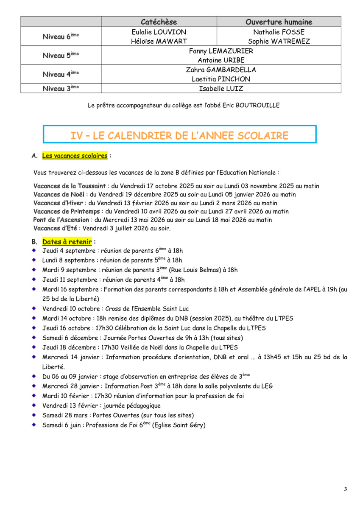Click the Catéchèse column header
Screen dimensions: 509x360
[159, 22]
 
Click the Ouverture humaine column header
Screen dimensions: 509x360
[279, 22]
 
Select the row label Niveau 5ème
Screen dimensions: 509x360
[61, 55]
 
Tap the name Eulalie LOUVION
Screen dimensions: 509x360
[159, 32]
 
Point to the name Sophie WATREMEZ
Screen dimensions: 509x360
[279, 41]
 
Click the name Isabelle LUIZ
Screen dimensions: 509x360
[221, 89]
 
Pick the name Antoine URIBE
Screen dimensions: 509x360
[221, 60]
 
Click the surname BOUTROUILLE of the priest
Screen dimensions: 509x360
[259, 106]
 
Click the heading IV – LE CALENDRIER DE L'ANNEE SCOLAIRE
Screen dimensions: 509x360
[179, 136]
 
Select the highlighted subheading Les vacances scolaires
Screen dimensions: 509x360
[75, 156]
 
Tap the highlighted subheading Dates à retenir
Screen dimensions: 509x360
[67, 242]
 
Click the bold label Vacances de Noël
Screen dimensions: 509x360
[59, 194]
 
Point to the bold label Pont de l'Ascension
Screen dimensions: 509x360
[61, 220]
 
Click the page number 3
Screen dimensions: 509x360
[345, 489]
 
